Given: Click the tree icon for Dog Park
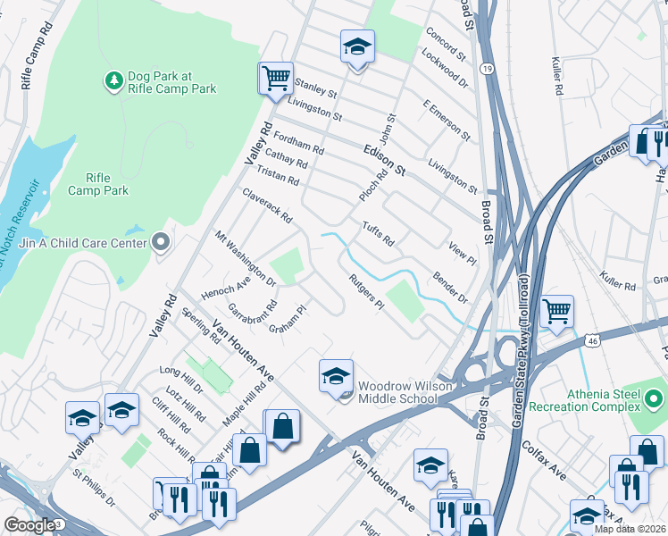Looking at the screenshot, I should (113, 81).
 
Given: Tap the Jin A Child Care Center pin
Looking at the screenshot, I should (161, 242).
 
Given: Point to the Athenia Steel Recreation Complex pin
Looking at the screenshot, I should (655, 398).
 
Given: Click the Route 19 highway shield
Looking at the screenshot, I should (485, 68).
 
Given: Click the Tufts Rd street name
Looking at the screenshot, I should (378, 234).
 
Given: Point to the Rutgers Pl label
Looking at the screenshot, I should (366, 292).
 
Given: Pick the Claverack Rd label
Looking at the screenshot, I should (267, 205).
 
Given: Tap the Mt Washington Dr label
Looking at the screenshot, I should (246, 259).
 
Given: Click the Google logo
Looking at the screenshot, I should (29, 525).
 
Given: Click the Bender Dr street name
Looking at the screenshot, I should (450, 288).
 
